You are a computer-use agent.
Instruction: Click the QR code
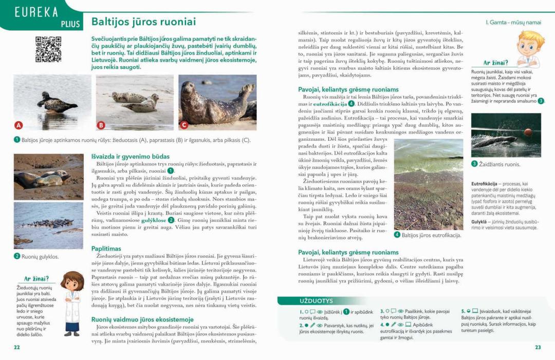point(48,50)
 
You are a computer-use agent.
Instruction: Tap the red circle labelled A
point(18,125)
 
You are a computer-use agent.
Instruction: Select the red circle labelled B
point(101,125)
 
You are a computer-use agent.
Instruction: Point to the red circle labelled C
point(184,125)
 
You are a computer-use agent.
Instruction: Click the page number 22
point(17,347)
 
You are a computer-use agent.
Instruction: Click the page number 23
point(538,347)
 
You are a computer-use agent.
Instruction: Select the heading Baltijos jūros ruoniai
point(143,22)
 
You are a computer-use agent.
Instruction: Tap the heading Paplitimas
point(106,249)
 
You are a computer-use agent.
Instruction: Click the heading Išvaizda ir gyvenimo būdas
point(131,156)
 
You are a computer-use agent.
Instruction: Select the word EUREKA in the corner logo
point(36,12)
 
